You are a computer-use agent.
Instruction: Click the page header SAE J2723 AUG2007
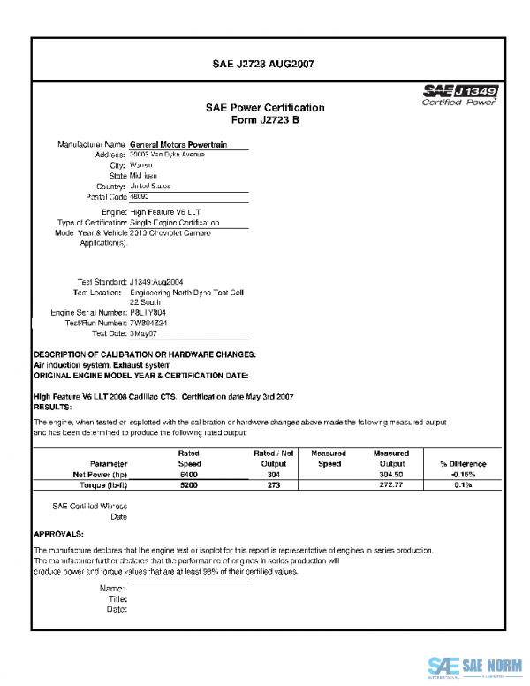(x=265, y=64)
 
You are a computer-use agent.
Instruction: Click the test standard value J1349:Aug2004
(x=160, y=281)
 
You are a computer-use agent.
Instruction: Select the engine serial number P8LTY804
(x=148, y=313)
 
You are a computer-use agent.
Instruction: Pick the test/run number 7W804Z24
(x=148, y=324)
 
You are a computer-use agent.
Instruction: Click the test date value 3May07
(x=143, y=334)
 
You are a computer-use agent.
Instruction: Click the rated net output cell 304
(x=273, y=475)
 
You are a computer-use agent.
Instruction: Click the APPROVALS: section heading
(x=58, y=534)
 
